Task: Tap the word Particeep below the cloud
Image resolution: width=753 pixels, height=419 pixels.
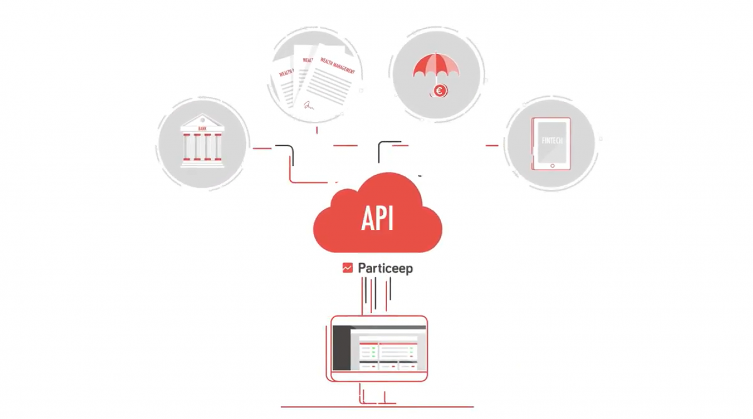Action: click(x=385, y=268)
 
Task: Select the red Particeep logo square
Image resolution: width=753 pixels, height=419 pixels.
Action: click(x=348, y=268)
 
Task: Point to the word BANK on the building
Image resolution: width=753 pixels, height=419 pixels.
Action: click(x=201, y=128)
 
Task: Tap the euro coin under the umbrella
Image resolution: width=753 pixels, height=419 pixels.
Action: click(x=439, y=91)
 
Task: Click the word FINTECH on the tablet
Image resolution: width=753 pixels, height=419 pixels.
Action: click(x=552, y=141)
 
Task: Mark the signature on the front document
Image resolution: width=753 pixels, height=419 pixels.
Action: click(x=309, y=106)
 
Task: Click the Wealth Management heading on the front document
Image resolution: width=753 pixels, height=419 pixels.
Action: click(x=338, y=66)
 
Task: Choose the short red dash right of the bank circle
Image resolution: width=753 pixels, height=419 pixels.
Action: click(x=262, y=148)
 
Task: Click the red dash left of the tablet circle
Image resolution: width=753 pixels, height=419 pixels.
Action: click(x=493, y=145)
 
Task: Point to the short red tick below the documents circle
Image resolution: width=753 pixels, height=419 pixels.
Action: click(x=317, y=130)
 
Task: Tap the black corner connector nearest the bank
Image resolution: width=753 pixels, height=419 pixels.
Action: click(x=286, y=148)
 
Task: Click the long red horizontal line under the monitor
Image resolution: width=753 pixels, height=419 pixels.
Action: click(x=376, y=407)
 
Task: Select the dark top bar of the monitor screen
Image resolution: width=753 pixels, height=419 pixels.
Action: click(x=379, y=327)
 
